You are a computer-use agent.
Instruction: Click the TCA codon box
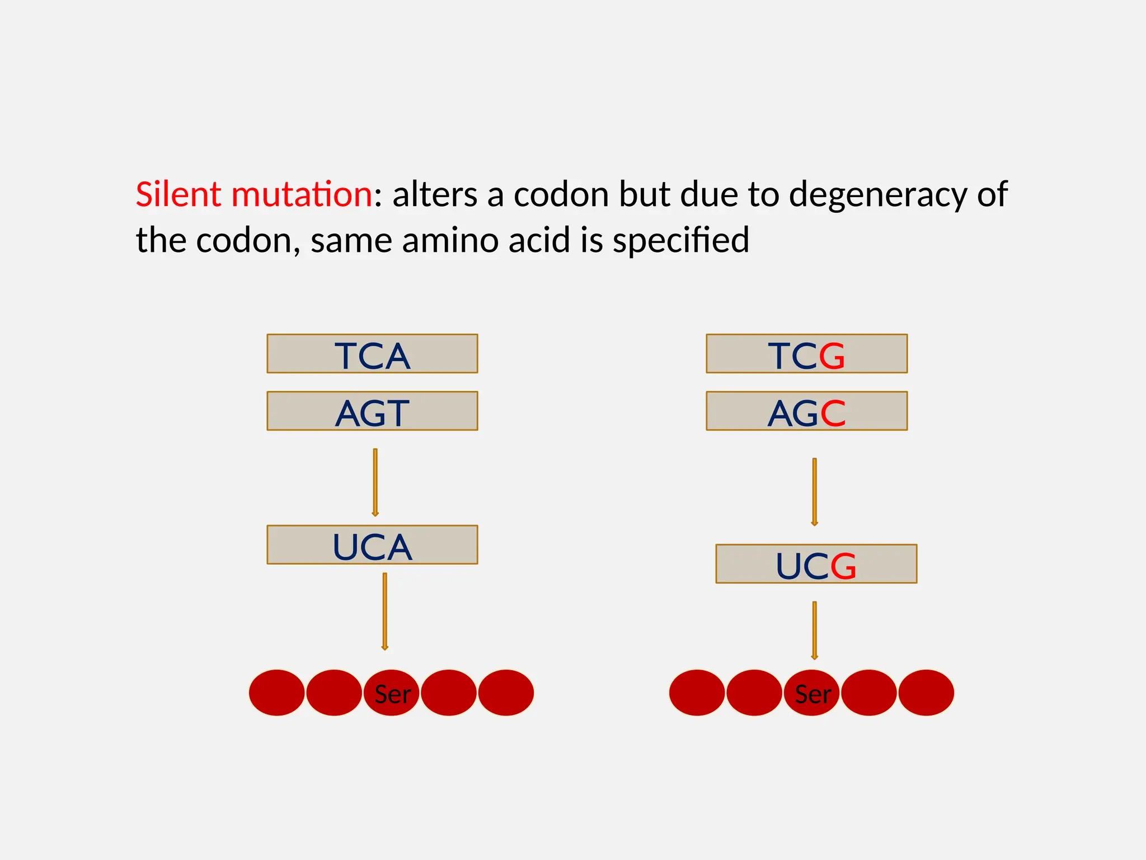372,354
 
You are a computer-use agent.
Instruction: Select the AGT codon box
372,411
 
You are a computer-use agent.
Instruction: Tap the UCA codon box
372,545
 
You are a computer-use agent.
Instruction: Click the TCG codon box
806,354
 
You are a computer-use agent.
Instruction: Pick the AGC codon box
806,411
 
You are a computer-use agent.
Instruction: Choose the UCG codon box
816,564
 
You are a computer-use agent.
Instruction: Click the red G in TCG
832,356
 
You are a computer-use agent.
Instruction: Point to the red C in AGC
833,413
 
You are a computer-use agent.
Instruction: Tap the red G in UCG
843,566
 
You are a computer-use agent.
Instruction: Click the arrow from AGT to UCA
375,482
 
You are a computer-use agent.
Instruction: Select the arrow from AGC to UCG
814,492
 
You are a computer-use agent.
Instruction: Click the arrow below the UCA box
384,611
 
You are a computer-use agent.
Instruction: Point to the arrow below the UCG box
814,630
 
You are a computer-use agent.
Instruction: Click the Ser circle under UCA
392,693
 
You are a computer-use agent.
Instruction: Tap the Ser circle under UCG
812,693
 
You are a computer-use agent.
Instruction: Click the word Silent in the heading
179,195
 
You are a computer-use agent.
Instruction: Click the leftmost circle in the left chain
277,693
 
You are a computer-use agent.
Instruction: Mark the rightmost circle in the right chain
926,693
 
